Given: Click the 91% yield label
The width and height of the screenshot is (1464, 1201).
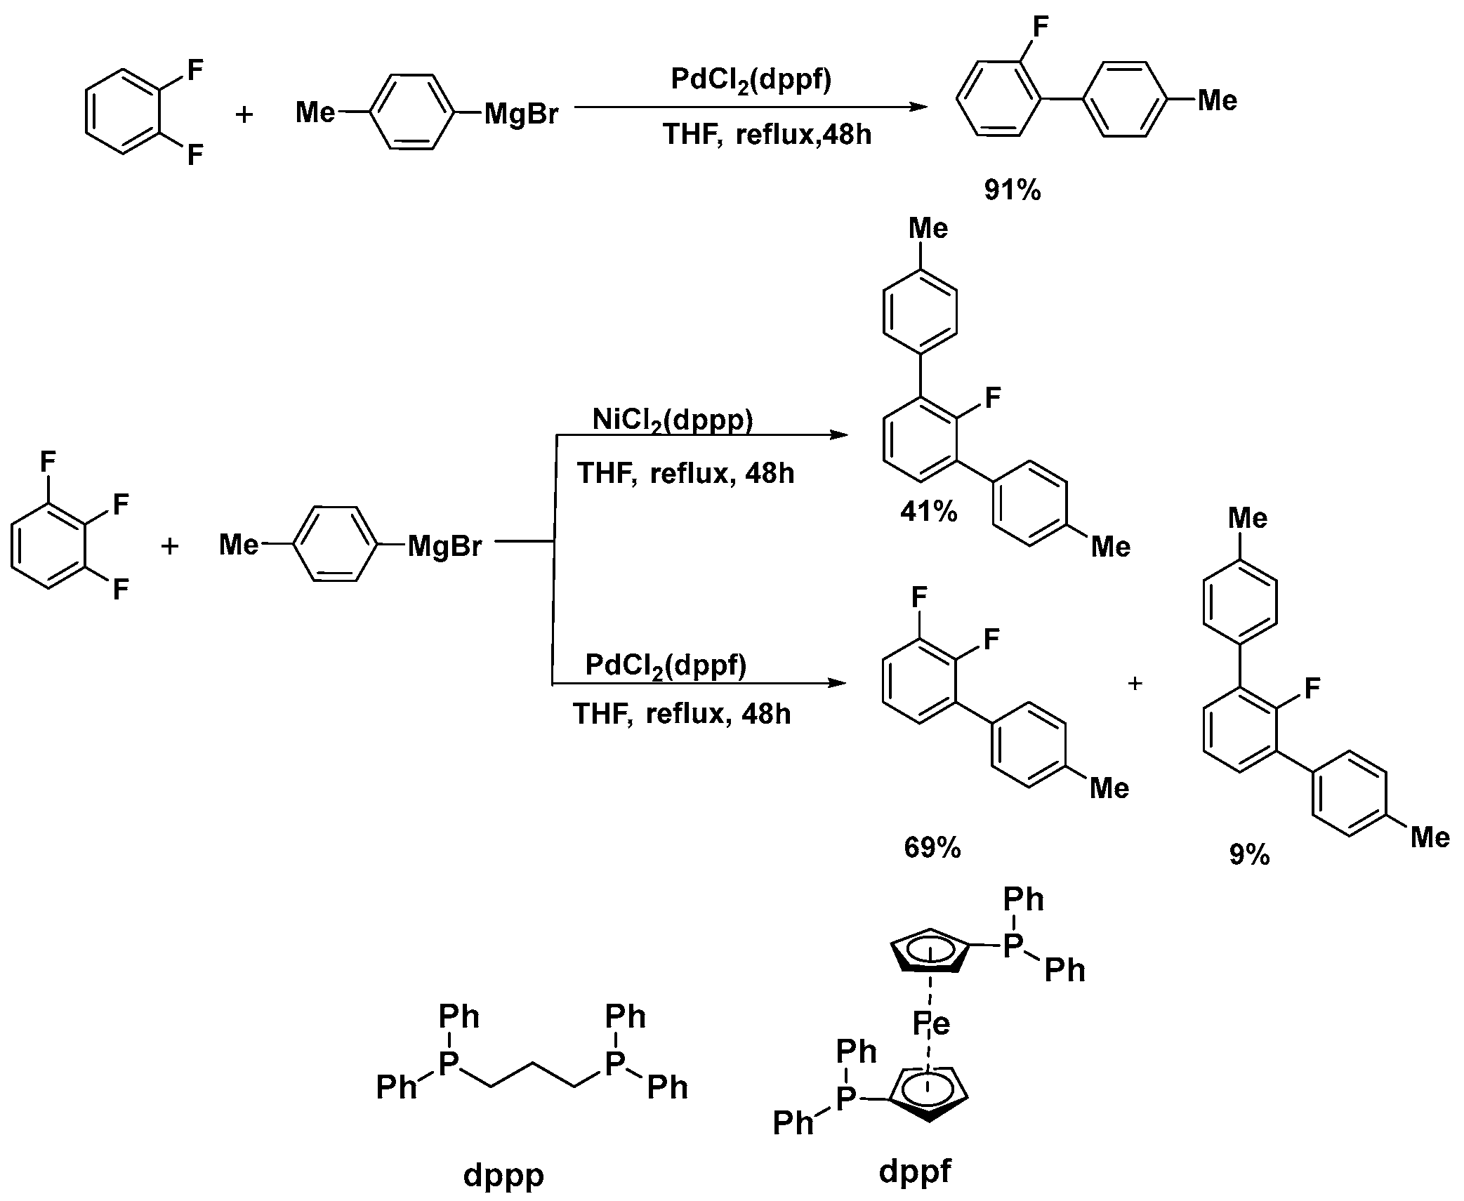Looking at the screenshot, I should click(1012, 190).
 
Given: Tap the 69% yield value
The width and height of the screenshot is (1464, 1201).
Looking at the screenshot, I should click(932, 848).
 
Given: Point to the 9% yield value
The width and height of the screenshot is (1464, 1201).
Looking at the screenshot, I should click(1249, 854).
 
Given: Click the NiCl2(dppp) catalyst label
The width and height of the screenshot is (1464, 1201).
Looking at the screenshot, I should click(672, 420).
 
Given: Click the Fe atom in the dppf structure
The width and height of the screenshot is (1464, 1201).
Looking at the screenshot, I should click(931, 1024).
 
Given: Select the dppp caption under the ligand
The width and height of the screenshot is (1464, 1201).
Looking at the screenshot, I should click(503, 1174).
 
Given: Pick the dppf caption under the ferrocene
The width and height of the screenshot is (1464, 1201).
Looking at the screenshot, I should click(915, 1169).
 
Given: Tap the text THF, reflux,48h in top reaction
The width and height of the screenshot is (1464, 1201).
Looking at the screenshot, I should click(767, 133).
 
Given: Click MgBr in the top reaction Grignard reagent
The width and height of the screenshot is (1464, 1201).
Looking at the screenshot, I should click(521, 114).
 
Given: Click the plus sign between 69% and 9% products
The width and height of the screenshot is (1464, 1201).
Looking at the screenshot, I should click(1135, 682).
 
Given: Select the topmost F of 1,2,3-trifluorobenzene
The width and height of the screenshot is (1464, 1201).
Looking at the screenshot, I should click(48, 462).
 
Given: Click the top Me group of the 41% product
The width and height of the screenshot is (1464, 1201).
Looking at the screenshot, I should click(928, 228).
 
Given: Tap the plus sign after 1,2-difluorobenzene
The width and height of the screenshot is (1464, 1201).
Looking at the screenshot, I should click(244, 114).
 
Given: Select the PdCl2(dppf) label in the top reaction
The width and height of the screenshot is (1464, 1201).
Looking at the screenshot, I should click(751, 79).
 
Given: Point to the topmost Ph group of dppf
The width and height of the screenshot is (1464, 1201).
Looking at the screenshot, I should click(1023, 899).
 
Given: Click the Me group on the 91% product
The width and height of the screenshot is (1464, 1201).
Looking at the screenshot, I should click(1217, 100).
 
